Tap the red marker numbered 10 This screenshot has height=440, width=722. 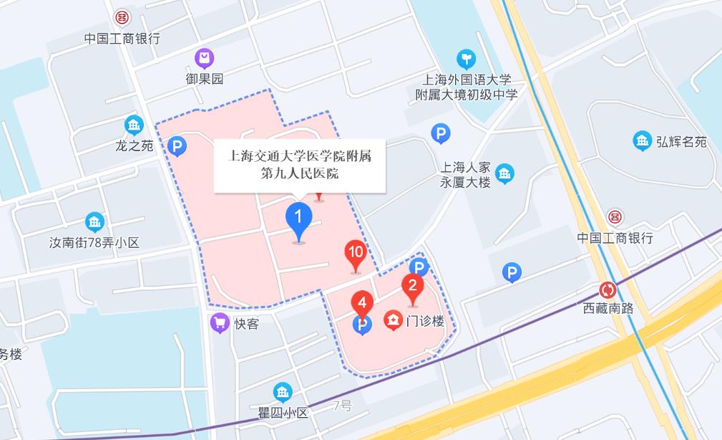pos(355,254)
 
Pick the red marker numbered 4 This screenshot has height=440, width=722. pos(362,305)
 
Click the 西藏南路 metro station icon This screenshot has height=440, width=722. pos(608,290)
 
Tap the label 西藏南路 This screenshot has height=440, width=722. pos(608,309)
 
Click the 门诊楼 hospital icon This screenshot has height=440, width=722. pos(393,320)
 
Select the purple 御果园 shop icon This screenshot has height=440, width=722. pos(205,58)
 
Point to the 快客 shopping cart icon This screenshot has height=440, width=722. pos(220,323)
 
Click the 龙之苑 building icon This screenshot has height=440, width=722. pos(134,125)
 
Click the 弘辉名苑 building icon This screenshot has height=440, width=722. pos(642,141)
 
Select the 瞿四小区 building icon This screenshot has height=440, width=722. pos(283,392)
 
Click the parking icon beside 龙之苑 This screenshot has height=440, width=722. pos(177,148)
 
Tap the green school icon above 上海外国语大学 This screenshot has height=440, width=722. pos(467,58)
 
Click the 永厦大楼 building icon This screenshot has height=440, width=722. pos(505,173)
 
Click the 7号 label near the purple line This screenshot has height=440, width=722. pos(343,406)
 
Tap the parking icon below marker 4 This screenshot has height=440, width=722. pos(363,326)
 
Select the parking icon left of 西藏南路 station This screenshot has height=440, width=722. pos(512,272)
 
